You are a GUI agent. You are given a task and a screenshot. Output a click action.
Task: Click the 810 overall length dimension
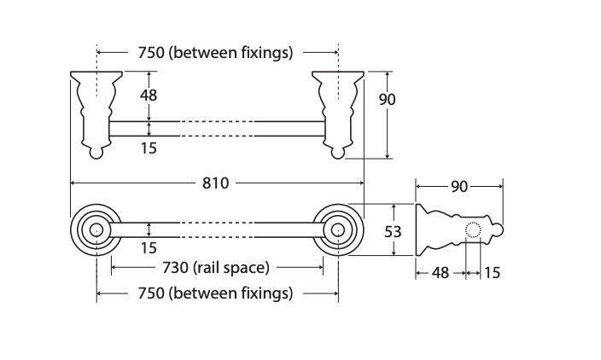click(x=215, y=183)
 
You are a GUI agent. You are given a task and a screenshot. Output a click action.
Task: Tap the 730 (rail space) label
click(x=216, y=268)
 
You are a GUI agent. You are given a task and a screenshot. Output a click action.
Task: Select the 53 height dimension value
click(x=393, y=232)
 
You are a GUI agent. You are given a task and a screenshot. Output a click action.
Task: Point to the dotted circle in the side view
click(x=473, y=229)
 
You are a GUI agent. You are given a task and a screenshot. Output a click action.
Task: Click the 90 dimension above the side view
click(x=459, y=187)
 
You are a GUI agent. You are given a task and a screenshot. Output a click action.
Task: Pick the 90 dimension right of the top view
click(x=387, y=100)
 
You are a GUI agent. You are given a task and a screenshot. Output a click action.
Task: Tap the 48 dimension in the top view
click(x=149, y=95)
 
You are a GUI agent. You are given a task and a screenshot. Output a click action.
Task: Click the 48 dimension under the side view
click(x=440, y=273)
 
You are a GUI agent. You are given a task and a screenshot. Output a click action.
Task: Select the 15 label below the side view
click(x=492, y=273)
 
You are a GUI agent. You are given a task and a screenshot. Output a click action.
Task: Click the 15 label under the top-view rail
click(x=149, y=148)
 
